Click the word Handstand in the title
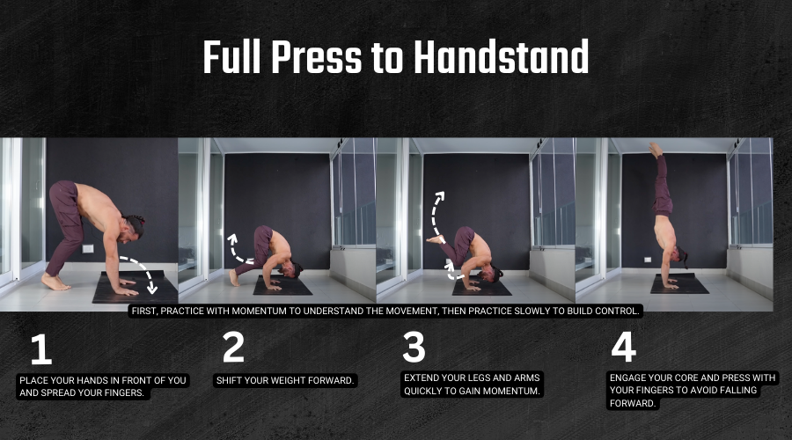[501, 57]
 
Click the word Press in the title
[317, 57]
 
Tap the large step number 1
[41, 348]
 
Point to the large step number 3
[414, 347]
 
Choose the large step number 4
[623, 347]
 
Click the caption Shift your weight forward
[285, 380]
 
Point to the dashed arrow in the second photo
[237, 249]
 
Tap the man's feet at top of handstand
[656, 150]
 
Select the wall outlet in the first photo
[88, 248]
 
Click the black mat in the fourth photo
[679, 283]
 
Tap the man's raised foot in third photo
[435, 239]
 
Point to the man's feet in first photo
[55, 282]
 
